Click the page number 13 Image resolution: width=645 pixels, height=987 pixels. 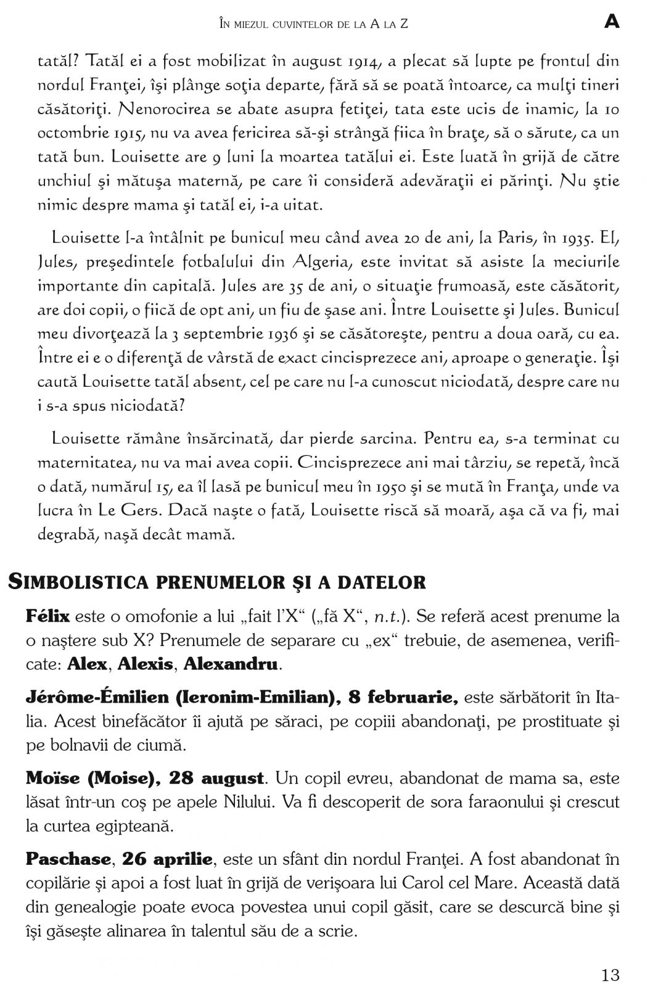[610, 958]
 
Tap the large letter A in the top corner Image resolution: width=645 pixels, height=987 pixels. [611, 22]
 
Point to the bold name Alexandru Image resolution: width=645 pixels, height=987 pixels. [230, 664]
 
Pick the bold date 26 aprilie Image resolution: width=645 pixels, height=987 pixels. [167, 859]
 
